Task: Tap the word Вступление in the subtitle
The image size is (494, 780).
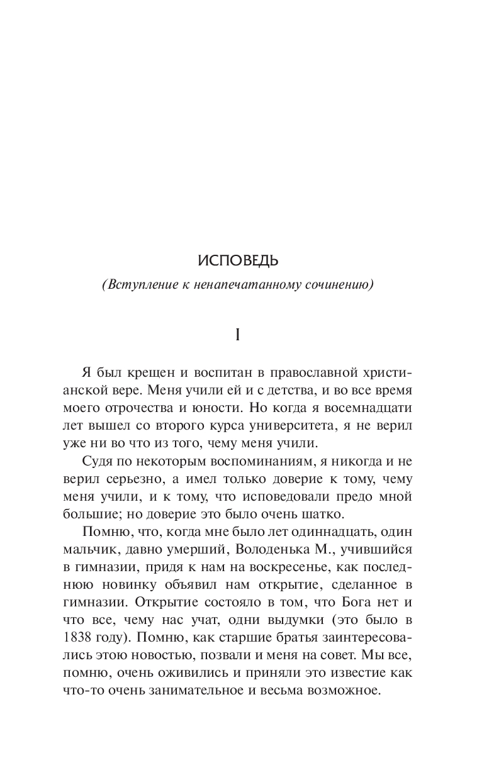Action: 140,284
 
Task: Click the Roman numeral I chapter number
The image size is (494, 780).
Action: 237,335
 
